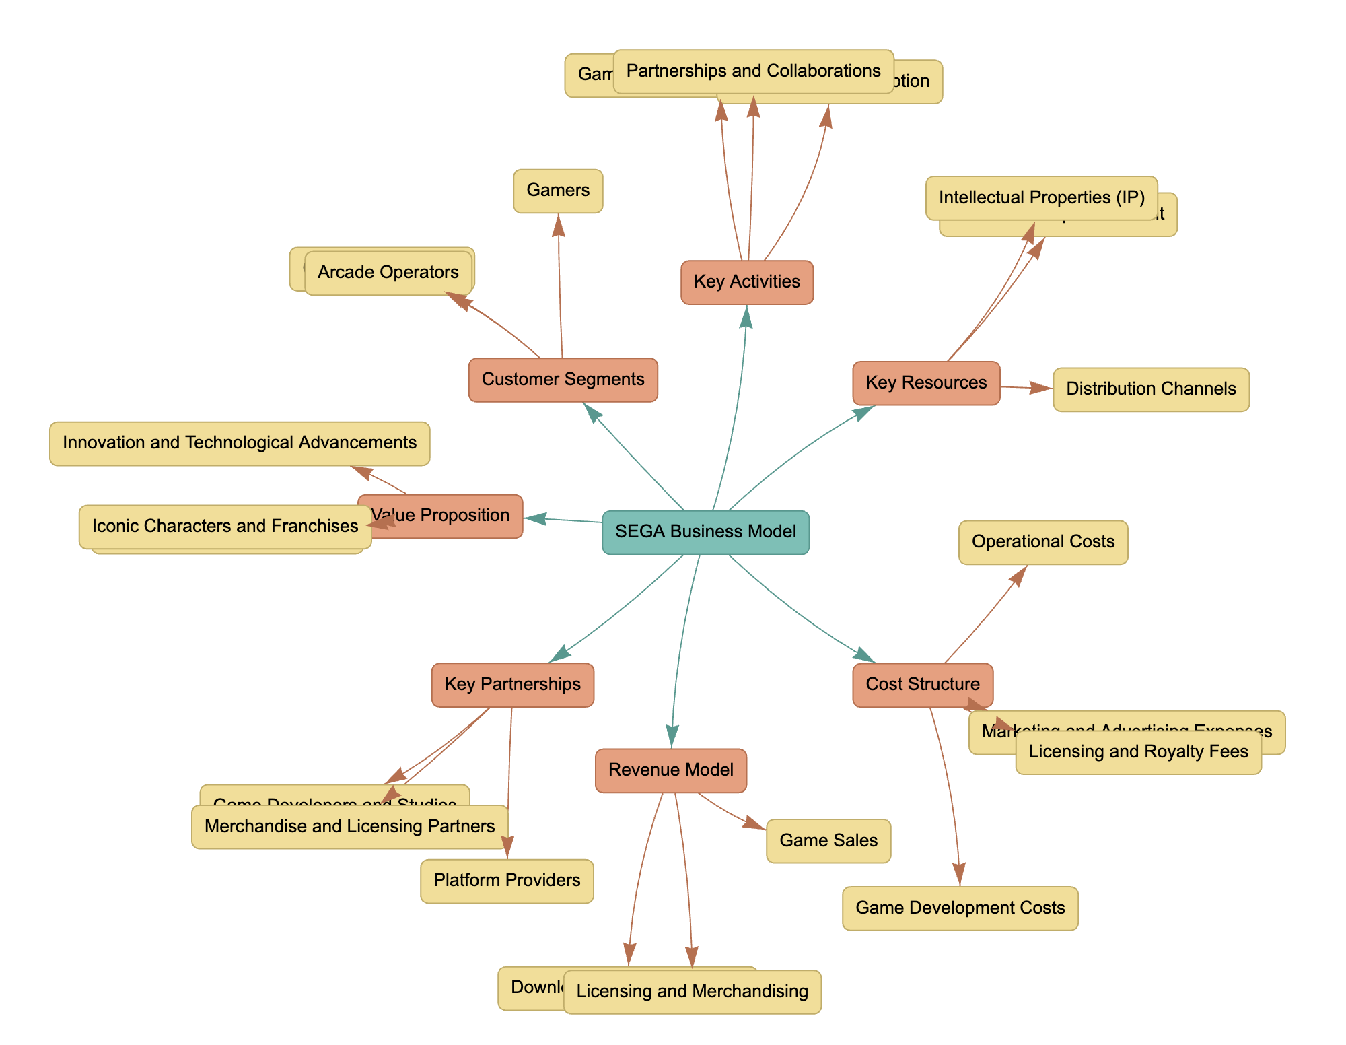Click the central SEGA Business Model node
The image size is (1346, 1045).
(705, 532)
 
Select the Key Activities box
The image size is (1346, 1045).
(746, 282)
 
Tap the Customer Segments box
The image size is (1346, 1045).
(563, 380)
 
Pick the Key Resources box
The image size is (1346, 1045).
(925, 383)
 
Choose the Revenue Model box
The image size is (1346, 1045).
(670, 770)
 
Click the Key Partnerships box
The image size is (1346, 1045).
(512, 685)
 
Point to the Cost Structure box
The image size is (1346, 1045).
(922, 685)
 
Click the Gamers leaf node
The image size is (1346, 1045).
(558, 191)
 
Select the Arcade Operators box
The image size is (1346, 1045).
(388, 273)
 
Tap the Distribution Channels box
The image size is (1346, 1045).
(1151, 389)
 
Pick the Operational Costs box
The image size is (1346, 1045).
(1042, 542)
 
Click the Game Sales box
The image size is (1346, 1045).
(828, 841)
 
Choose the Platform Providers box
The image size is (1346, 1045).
(507, 881)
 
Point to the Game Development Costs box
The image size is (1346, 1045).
(960, 908)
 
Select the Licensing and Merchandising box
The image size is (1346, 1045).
(692, 992)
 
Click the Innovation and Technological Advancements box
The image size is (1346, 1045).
(239, 443)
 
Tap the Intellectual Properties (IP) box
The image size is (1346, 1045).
(1041, 198)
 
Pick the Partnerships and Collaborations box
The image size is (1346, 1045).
(753, 71)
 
